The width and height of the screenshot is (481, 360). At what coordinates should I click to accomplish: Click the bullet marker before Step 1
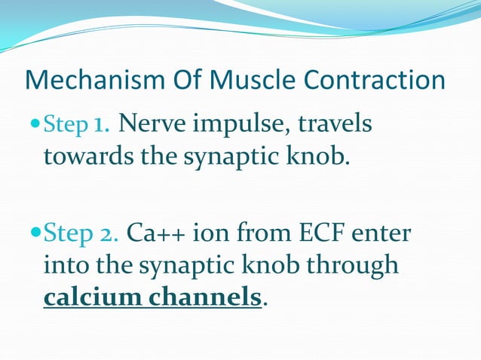(x=37, y=124)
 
